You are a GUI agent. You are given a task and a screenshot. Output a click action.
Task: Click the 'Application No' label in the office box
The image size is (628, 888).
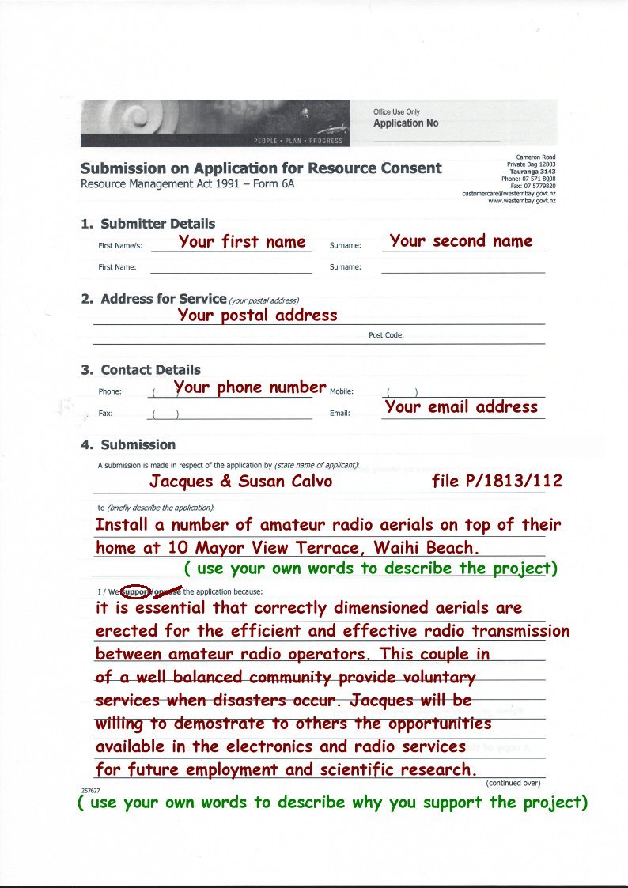405,123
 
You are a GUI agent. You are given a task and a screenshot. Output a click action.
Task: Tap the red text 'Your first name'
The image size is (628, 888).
242,242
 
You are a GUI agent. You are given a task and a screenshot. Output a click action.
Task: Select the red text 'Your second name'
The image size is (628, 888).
461,240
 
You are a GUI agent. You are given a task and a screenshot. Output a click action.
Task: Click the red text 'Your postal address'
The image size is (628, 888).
258,315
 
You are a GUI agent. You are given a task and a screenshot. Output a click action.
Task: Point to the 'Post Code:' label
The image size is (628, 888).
386,335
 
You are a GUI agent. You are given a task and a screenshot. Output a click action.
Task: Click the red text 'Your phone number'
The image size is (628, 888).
250,387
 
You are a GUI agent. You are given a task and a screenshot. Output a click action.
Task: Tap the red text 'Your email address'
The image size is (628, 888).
461,406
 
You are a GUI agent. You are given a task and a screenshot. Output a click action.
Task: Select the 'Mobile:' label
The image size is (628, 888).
341,391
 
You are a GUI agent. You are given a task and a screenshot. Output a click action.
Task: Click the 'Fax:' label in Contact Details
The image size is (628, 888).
105,414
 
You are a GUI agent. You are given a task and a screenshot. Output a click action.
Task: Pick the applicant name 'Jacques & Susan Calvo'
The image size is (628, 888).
241,482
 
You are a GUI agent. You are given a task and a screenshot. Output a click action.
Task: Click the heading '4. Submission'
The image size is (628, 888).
128,444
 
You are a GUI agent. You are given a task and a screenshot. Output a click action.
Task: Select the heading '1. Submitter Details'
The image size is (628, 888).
148,224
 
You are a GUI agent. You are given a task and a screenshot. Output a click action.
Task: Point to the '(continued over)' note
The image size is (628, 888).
513,783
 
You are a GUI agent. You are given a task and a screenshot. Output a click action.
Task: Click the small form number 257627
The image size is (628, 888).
89,790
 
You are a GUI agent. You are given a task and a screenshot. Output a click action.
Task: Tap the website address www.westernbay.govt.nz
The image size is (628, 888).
521,201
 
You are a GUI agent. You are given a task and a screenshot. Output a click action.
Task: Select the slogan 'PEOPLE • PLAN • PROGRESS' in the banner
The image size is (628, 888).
298,141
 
